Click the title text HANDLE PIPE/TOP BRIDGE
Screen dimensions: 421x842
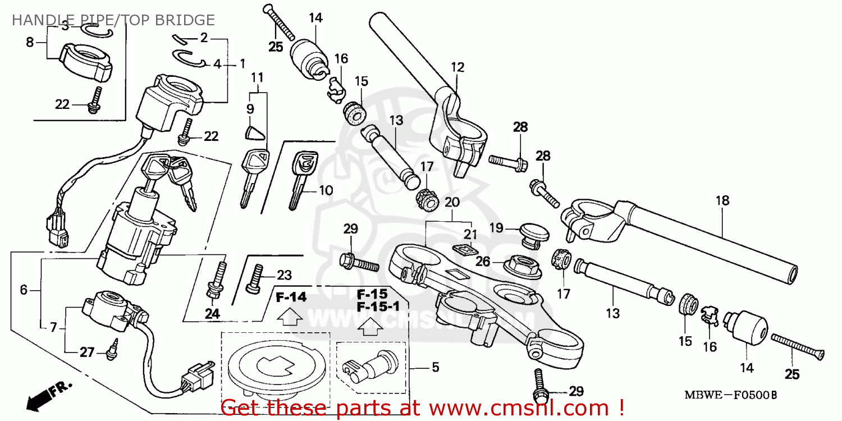[x=113, y=21]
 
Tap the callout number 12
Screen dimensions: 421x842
[x=457, y=67]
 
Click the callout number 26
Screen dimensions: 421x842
[x=483, y=261]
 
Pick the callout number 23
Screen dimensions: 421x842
[x=285, y=275]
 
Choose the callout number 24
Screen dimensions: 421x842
[x=212, y=314]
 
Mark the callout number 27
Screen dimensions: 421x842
[x=86, y=353]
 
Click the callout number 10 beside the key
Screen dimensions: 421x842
[x=326, y=190]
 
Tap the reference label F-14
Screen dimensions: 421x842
[x=291, y=298]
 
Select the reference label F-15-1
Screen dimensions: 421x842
[x=372, y=307]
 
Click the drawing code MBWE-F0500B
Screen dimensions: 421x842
[x=730, y=395]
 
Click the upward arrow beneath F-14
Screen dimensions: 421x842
[x=291, y=318]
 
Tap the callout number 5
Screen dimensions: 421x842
[x=435, y=368]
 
